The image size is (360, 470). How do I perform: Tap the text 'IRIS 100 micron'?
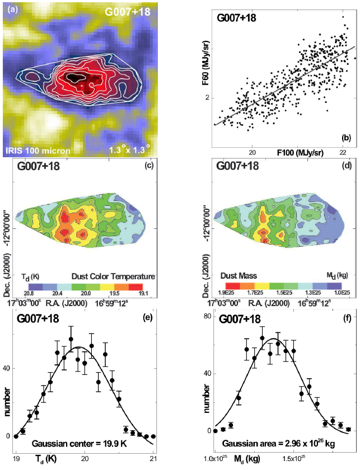point(35,151)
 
